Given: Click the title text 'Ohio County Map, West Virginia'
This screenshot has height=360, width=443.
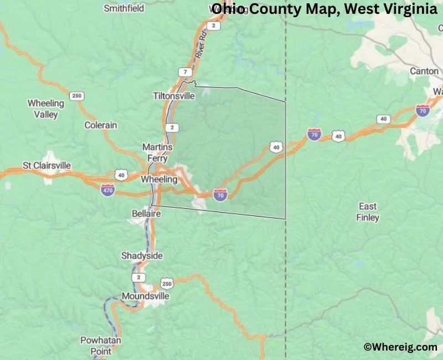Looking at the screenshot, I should coord(324,9).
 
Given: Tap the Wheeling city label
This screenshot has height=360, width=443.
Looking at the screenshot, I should coord(159,179).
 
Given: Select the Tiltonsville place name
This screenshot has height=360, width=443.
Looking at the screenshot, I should coord(174,96).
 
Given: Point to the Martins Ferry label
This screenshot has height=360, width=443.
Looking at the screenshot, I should coord(157,152).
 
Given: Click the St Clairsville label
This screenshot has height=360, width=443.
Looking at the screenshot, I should coord(47,166).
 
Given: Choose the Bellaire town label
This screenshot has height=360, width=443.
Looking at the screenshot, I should coord(146,213).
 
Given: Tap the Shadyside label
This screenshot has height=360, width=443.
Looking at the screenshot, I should coord(142,255).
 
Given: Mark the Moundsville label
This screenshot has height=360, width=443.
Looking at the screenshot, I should coord(145,296).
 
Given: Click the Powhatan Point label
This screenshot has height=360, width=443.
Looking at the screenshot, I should coord(101,346).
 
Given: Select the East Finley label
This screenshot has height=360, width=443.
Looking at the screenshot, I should coord(368,212).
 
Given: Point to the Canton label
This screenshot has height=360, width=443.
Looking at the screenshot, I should coord(424,71).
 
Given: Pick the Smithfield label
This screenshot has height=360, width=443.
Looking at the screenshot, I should coord(124,8).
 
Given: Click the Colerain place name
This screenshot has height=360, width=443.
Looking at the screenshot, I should coord(101,125).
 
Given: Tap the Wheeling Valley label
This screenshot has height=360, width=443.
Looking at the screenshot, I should coord(46,109).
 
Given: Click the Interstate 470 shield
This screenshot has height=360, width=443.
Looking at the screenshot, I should coord(108,190).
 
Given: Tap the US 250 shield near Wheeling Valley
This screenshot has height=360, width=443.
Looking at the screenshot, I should coord(77,96).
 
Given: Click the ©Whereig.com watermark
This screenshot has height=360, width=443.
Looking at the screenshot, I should coord(400,347).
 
